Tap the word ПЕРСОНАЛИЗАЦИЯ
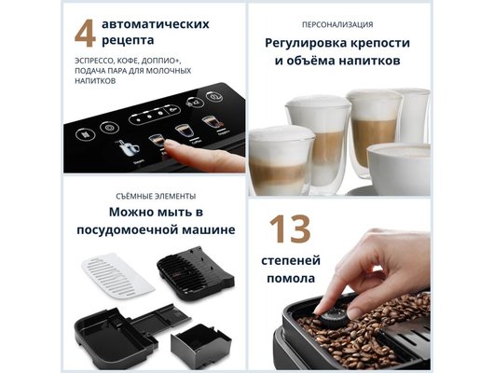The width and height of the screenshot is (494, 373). pos(338,24)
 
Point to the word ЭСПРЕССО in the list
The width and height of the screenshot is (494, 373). pos(93,58)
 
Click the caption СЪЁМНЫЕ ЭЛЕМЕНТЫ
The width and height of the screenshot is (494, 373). pos(157,196)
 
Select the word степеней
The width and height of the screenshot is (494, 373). pos(303,260)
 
